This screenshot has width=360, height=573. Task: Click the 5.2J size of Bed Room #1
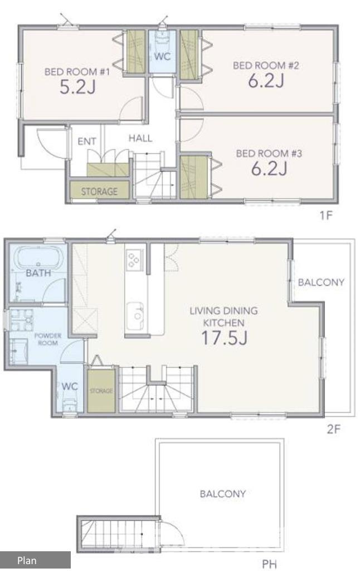click(77, 87)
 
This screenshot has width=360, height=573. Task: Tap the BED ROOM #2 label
click(266, 65)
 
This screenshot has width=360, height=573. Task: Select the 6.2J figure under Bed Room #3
click(269, 168)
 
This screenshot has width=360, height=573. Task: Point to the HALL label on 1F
click(140, 138)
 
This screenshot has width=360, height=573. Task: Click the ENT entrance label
click(87, 141)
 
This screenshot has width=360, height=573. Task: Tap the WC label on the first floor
click(162, 57)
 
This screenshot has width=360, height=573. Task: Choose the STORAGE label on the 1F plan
click(99, 192)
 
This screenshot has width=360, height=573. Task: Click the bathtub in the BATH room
click(38, 258)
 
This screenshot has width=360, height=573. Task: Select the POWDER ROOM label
click(48, 339)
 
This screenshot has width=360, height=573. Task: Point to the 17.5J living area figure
click(224, 338)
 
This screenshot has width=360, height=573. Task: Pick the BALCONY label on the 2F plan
click(321, 282)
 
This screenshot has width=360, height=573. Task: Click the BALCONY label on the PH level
click(222, 494)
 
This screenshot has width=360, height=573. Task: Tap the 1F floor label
click(327, 215)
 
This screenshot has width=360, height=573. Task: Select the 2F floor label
click(334, 429)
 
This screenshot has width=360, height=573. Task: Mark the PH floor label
click(269, 564)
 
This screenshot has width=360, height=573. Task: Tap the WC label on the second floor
click(70, 386)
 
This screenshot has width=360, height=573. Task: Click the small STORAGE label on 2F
click(101, 391)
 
